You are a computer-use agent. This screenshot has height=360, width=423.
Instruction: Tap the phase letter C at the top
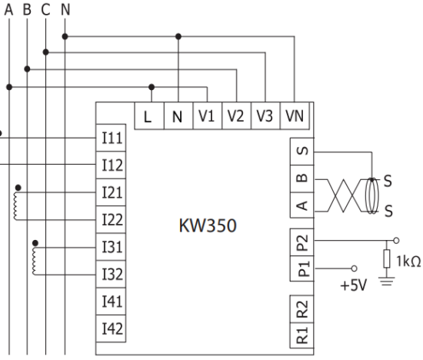(x=46, y=12)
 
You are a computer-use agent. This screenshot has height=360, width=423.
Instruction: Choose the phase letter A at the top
(x=10, y=12)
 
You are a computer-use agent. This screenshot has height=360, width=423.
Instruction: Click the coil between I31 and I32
(x=33, y=260)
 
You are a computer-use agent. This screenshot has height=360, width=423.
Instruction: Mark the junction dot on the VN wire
(x=178, y=35)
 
